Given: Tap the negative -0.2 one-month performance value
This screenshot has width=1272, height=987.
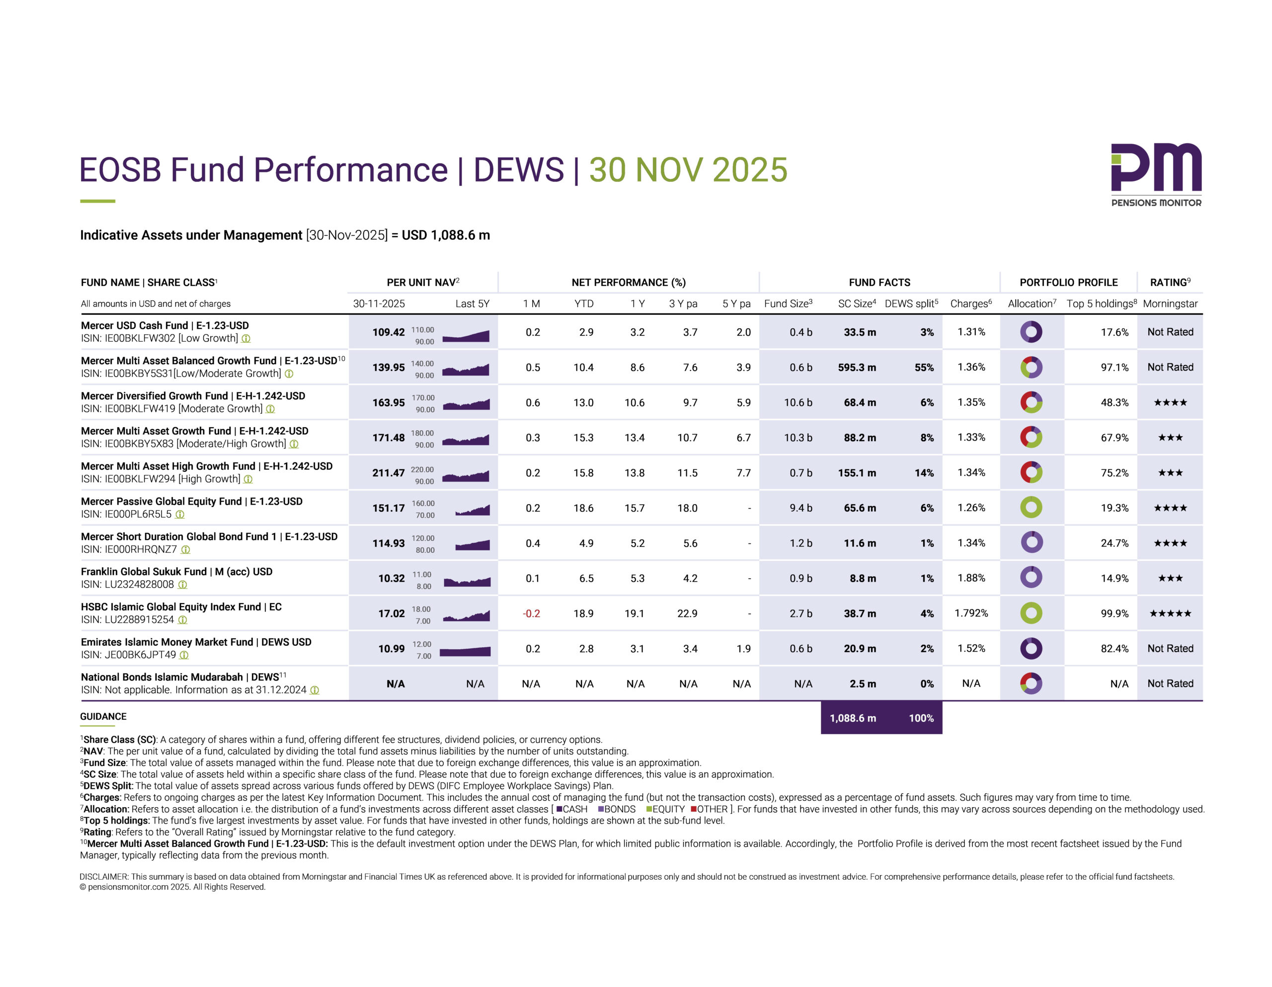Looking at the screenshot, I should (x=531, y=613).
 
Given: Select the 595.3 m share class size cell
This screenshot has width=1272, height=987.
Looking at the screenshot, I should (x=857, y=368).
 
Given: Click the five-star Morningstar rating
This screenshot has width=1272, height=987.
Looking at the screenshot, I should (x=1170, y=613).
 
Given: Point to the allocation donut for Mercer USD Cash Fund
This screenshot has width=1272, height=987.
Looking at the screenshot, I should (x=1031, y=332).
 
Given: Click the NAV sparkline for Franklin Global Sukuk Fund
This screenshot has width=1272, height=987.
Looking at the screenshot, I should (x=467, y=581).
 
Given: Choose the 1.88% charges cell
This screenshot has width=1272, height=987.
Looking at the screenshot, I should (x=971, y=578).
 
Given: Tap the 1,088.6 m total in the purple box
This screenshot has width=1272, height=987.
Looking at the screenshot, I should (x=853, y=718).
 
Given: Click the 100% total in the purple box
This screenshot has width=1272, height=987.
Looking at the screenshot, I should (x=921, y=718).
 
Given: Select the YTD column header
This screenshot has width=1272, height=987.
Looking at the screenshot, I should (x=584, y=304).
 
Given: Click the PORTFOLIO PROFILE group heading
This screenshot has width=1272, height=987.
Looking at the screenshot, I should (x=1068, y=283).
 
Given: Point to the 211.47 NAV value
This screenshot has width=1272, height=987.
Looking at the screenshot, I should (x=388, y=473).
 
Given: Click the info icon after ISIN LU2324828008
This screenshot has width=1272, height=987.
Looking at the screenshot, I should (x=183, y=585).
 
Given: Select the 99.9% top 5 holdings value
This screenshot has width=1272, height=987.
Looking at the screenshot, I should (x=1114, y=613).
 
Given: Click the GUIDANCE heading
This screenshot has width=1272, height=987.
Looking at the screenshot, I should (x=103, y=716).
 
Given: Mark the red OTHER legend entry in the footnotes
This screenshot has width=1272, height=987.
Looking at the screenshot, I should (x=710, y=809).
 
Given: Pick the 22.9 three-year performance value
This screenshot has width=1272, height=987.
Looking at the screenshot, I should (x=687, y=613).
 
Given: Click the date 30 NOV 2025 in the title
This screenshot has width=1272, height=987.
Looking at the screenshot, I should (x=688, y=169).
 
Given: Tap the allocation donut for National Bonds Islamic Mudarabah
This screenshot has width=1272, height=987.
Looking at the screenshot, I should (x=1031, y=683).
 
